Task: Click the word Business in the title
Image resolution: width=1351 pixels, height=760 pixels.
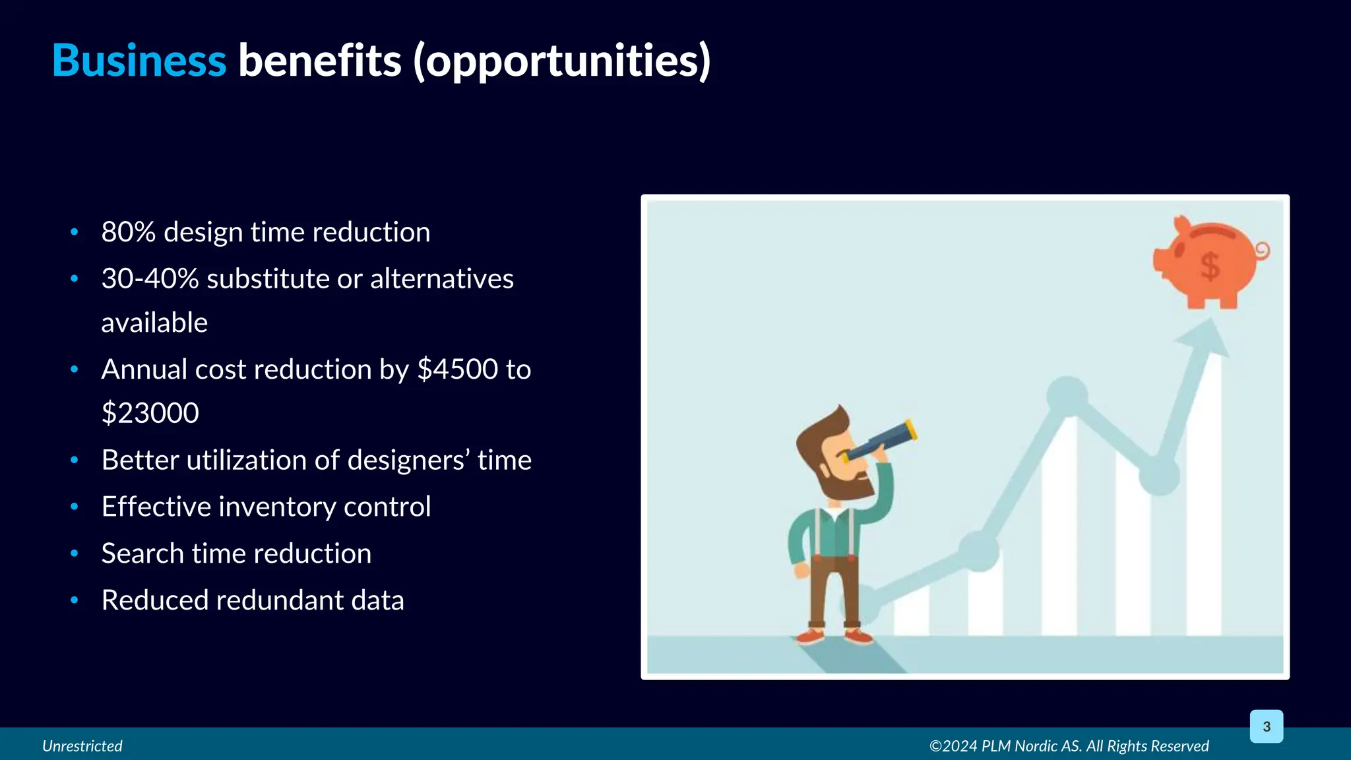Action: [x=139, y=61]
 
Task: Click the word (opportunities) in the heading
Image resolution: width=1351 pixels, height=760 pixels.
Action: [x=562, y=61]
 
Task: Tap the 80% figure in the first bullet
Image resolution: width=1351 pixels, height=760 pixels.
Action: [x=128, y=232]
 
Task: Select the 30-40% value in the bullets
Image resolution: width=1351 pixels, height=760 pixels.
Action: [x=150, y=279]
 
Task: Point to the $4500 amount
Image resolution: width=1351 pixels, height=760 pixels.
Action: [x=458, y=369]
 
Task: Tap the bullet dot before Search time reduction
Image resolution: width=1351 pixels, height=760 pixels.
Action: [x=75, y=554]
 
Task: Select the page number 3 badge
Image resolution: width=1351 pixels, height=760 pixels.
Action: [x=1266, y=726]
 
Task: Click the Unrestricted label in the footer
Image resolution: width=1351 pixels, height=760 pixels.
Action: [x=82, y=746]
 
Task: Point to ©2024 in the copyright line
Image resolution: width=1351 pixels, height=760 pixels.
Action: [x=953, y=746]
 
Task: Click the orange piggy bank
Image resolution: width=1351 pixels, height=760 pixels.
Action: [x=1209, y=263]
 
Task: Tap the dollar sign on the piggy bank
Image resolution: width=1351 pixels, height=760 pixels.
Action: [x=1209, y=267]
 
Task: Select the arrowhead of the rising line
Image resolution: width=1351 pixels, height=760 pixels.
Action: [x=1207, y=338]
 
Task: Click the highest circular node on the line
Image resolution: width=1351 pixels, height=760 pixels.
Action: [x=1067, y=396]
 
